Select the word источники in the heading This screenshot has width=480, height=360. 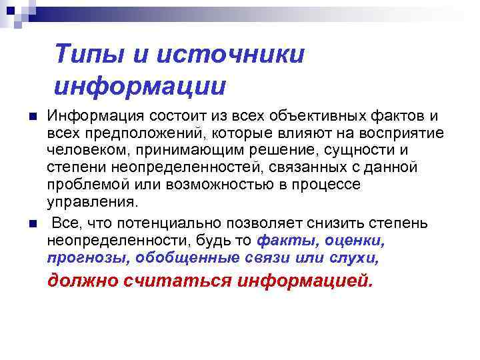click(230, 53)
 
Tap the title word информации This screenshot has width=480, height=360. click(140, 85)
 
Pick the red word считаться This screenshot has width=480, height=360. click(175, 281)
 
